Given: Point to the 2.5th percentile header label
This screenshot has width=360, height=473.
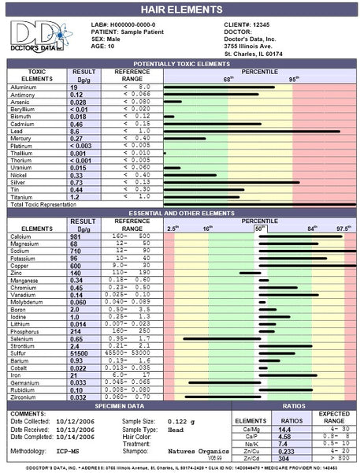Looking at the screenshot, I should [173, 229].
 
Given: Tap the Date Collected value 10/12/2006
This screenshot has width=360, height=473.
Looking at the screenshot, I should [79, 422].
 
